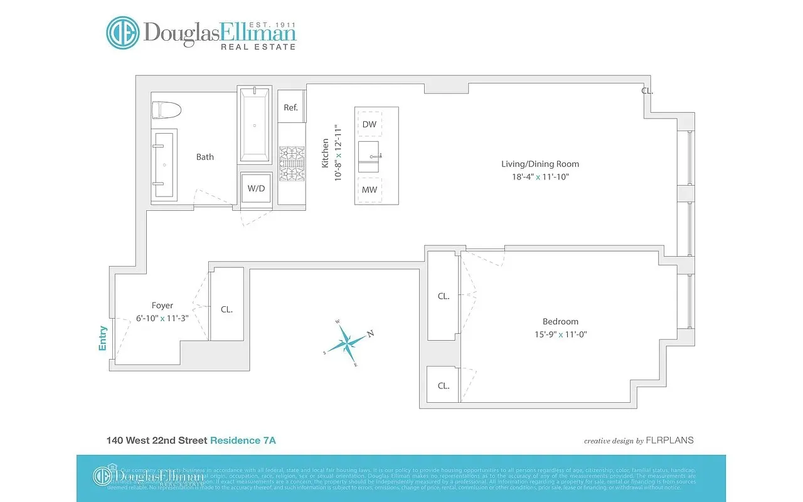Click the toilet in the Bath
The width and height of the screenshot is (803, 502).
(x=167, y=110)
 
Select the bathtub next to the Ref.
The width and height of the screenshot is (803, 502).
(x=254, y=125)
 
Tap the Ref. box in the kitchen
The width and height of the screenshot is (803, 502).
(x=290, y=107)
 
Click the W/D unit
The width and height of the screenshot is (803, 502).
(x=255, y=188)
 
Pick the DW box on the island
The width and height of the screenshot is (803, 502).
(x=370, y=124)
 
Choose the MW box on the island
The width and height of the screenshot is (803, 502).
(x=370, y=190)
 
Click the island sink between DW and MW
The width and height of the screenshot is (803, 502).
(x=370, y=156)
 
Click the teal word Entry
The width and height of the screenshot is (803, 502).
(x=103, y=338)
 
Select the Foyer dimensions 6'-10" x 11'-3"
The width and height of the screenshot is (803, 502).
(x=162, y=318)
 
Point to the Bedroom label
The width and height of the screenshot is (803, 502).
(x=561, y=321)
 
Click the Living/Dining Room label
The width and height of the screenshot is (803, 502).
(x=540, y=164)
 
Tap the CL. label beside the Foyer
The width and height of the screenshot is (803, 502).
(x=226, y=309)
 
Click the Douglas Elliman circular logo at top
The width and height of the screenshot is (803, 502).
(x=122, y=33)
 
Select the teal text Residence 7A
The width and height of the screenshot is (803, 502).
(x=243, y=441)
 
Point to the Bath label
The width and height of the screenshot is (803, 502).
(x=205, y=157)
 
